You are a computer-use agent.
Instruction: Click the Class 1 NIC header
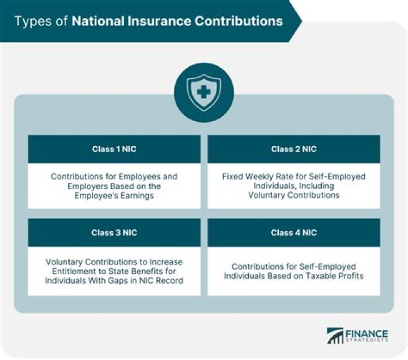pos(114,149)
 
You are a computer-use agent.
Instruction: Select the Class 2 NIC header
pos(294,149)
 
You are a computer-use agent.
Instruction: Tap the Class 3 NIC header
pos(114,233)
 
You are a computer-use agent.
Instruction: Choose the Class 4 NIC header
pos(294,233)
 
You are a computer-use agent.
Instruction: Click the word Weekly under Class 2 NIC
pos(260,177)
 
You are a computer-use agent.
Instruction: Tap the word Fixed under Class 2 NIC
pos(232,177)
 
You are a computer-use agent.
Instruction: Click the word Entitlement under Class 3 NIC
pos(67,271)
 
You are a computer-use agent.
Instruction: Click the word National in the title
pos(95,22)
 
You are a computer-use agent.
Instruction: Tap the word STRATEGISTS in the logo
pos(368,341)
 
